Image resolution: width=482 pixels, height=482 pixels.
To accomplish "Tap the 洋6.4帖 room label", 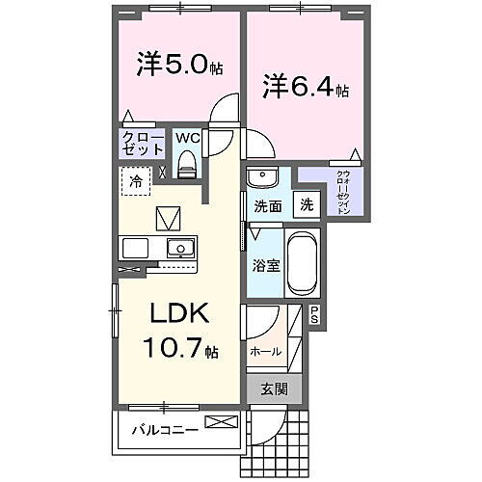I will [x=305, y=88].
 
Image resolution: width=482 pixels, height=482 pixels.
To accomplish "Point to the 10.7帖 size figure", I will [x=178, y=348].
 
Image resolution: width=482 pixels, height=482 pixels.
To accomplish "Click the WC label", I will [x=187, y=138].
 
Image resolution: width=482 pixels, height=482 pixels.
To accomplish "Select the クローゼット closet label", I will [x=143, y=146].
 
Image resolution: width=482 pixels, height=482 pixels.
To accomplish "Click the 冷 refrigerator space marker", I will [x=136, y=181].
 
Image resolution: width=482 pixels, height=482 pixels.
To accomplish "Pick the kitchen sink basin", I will [x=179, y=248].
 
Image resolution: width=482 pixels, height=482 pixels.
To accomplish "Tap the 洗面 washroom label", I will [x=268, y=206].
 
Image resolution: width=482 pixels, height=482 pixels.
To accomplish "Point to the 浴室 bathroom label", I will [x=267, y=265].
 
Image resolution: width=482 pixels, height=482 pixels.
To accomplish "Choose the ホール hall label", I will [x=265, y=352].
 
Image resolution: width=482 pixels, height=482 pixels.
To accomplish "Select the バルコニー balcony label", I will [x=165, y=429].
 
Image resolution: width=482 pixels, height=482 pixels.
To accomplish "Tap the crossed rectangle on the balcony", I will [x=220, y=421].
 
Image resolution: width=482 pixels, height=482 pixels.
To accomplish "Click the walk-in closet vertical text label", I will [x=342, y=196].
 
